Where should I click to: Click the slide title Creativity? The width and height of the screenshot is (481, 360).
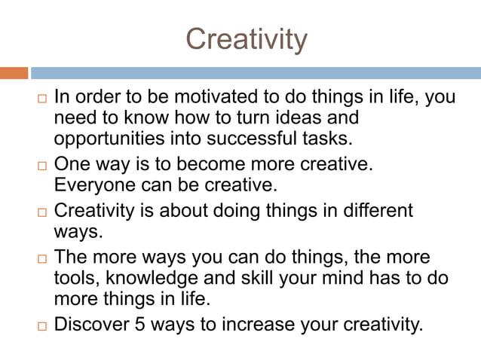pyautogui.click(x=247, y=38)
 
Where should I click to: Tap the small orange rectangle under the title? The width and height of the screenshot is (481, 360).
pyautogui.click(x=14, y=73)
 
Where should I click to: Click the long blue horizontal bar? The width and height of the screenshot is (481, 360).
pyautogui.click(x=256, y=73)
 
